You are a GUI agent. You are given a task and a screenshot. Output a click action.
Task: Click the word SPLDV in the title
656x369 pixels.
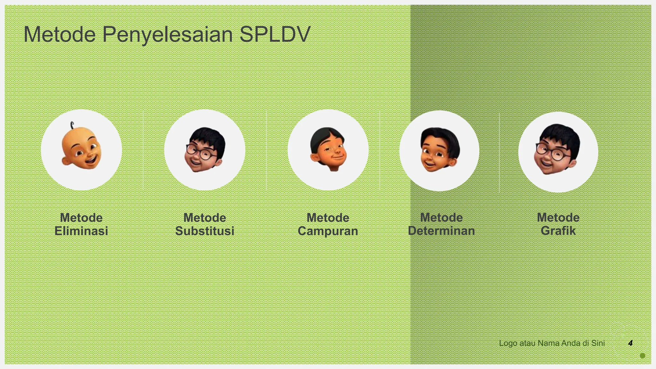point(275,34)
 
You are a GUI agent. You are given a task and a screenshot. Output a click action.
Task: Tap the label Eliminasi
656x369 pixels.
point(81,231)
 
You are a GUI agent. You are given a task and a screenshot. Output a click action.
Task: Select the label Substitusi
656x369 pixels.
point(205,231)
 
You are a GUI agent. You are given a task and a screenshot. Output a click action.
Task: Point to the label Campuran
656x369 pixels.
point(328,231)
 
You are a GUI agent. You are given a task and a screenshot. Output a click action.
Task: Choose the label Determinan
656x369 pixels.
point(441,231)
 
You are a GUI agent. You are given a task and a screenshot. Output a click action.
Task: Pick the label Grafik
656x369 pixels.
point(558,231)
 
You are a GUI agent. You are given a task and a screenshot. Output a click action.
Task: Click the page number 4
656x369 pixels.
point(630,343)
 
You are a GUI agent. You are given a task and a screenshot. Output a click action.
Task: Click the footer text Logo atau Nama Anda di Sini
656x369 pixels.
point(552,343)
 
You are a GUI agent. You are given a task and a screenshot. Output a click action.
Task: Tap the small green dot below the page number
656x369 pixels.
point(642,356)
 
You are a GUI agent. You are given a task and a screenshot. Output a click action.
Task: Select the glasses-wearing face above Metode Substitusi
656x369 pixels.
point(205,149)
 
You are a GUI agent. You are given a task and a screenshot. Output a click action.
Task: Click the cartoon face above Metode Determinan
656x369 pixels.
point(439,150)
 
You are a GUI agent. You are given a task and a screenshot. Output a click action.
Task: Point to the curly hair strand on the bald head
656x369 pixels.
point(72,124)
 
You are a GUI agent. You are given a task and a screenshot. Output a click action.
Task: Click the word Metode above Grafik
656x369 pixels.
point(558,217)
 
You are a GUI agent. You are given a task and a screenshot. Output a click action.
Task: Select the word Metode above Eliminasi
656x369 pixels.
point(81,218)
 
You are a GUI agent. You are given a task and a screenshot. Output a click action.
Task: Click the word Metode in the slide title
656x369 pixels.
point(60,34)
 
